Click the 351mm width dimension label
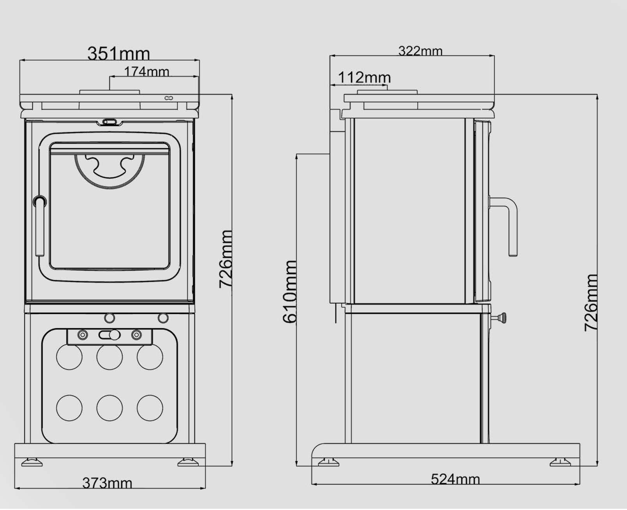click(118, 53)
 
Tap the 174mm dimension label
click(147, 72)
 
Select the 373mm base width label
click(107, 483)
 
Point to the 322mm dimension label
click(420, 51)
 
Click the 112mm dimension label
click(364, 78)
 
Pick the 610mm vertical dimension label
click(290, 292)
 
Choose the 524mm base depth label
click(455, 479)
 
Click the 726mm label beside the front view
click(226, 259)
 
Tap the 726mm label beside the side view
click(591, 303)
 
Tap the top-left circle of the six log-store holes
click(69, 357)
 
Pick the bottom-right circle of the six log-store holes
click(150, 408)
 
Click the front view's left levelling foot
click(32, 462)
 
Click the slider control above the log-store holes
click(110, 335)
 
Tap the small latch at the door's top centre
click(109, 122)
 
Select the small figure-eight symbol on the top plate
click(168, 98)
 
